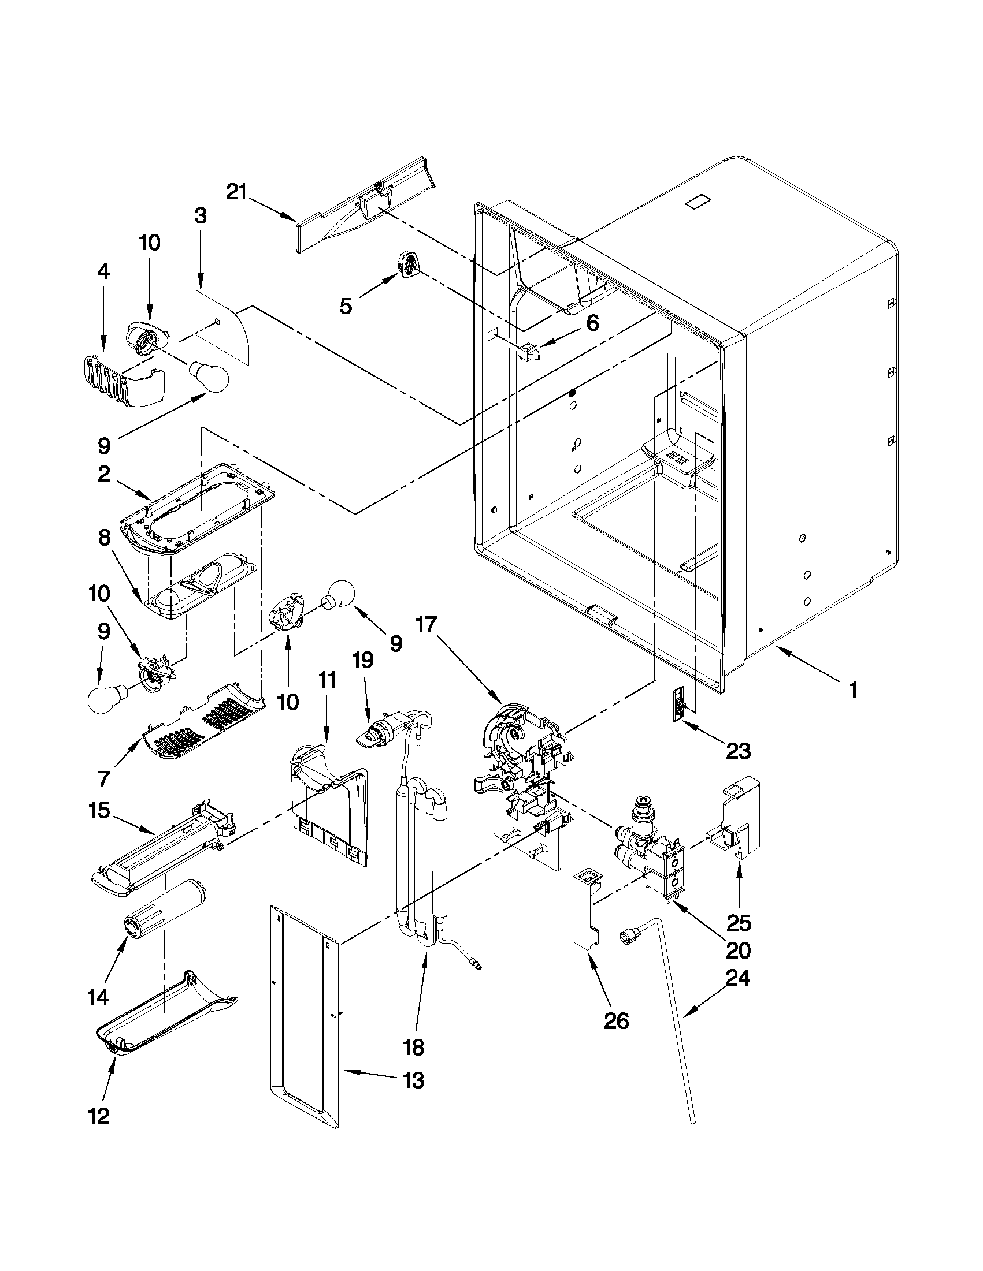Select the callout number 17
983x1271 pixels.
pos(425,626)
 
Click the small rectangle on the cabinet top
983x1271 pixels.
pos(696,203)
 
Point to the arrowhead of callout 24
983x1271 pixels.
pos(687,1016)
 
